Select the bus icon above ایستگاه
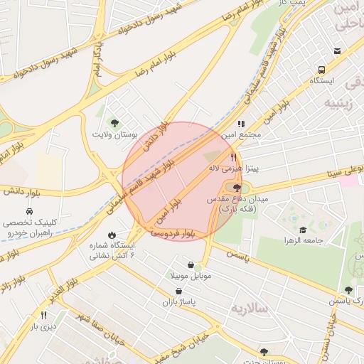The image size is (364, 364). click(x=322, y=70)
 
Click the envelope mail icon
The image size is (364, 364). click(x=337, y=50)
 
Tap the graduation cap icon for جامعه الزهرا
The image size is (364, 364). click(x=303, y=230)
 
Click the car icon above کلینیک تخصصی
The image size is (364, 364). click(x=29, y=212)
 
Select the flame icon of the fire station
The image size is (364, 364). click(x=112, y=235)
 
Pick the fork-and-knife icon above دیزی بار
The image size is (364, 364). click(x=43, y=315)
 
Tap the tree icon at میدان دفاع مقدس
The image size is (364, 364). click(x=237, y=187)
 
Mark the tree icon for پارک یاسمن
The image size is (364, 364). click(x=348, y=290)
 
